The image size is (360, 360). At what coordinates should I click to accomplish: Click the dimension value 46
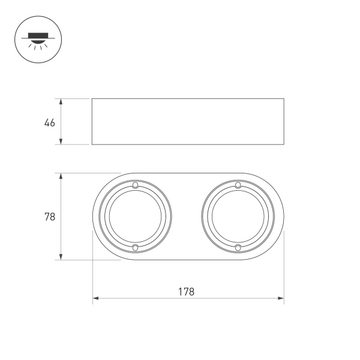[x=50, y=123]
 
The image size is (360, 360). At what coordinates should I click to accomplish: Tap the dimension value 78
[x=50, y=217]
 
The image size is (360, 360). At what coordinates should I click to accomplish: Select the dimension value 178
[x=186, y=292]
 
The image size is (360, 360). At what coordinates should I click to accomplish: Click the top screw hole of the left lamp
[x=135, y=185]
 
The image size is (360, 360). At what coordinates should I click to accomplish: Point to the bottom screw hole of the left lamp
[x=136, y=248]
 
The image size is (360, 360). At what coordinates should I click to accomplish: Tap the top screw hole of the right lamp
[x=238, y=185]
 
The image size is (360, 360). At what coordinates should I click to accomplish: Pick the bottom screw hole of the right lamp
[x=238, y=248]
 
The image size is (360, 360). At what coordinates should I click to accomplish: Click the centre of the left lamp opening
[x=136, y=217]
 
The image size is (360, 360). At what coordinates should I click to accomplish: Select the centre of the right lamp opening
[x=238, y=217]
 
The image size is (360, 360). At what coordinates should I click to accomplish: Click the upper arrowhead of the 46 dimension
[x=61, y=102]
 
